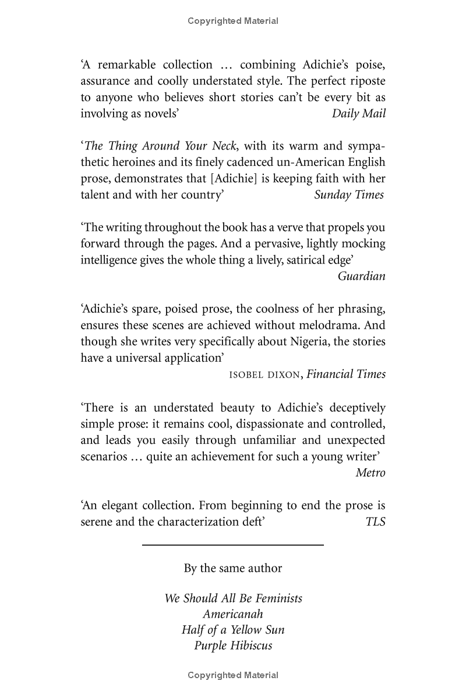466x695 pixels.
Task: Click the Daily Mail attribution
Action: [x=358, y=113]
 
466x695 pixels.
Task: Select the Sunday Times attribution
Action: [x=349, y=195]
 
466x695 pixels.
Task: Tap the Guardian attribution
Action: [x=361, y=276]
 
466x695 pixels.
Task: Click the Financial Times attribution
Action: [x=346, y=374]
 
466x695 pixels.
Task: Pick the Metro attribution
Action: [x=370, y=472]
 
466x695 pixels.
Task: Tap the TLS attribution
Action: [x=375, y=522]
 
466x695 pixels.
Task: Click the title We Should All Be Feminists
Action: [x=233, y=598]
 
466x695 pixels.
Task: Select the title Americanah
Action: [x=233, y=614]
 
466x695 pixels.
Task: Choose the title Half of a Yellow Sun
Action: [x=233, y=630]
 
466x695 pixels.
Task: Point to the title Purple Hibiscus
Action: [x=233, y=646]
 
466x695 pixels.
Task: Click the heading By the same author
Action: [x=233, y=568]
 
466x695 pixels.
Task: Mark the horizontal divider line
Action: [x=233, y=545]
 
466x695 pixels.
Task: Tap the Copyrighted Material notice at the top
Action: [x=233, y=21]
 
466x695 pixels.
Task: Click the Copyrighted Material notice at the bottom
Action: [x=233, y=675]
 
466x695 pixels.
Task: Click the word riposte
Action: [x=366, y=81]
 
